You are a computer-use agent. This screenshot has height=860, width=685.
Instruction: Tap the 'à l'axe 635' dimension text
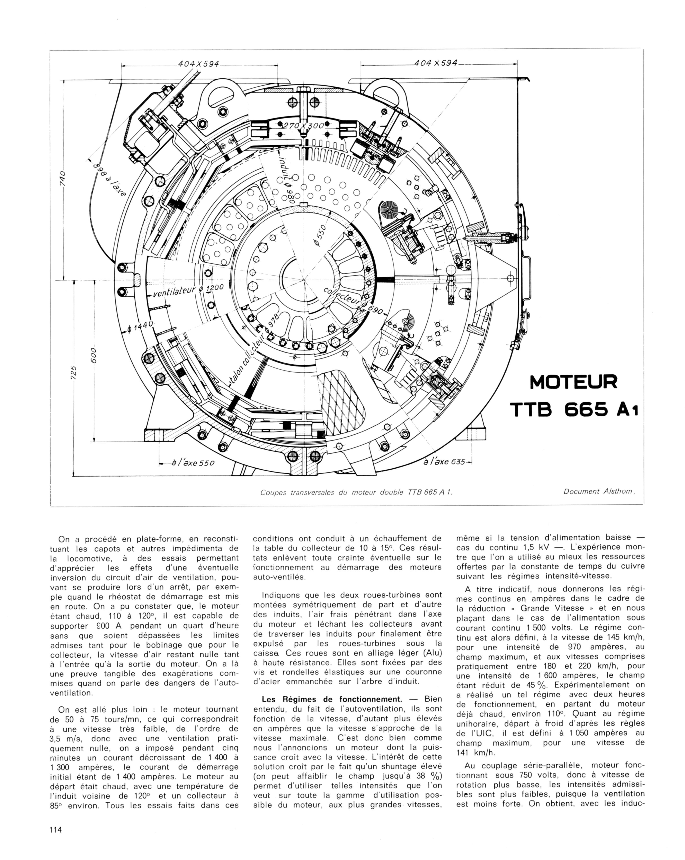(x=445, y=461)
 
